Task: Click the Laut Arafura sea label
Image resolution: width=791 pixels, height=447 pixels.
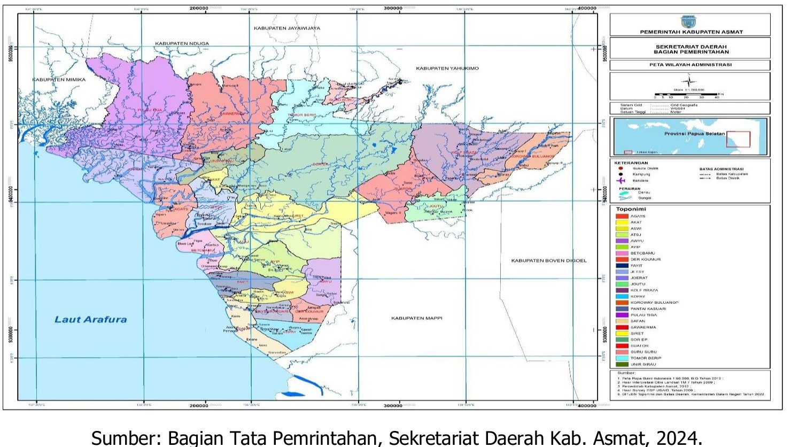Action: [x=91, y=320]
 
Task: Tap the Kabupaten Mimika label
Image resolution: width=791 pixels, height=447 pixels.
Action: [x=59, y=80]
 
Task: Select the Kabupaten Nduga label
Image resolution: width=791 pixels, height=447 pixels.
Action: [x=182, y=43]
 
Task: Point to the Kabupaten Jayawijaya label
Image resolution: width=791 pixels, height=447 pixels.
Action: [x=286, y=28]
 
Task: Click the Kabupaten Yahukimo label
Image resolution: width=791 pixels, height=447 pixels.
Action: [x=447, y=68]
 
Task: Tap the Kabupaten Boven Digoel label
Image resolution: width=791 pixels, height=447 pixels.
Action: [x=548, y=260]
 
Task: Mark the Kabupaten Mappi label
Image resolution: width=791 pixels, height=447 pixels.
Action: [x=416, y=318]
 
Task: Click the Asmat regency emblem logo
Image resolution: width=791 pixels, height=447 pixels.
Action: [x=688, y=22]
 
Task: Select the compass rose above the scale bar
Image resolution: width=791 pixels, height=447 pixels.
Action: [x=688, y=82]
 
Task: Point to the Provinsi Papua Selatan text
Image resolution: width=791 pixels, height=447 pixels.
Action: [x=694, y=134]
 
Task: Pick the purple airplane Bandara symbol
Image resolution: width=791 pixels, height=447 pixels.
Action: [x=621, y=181]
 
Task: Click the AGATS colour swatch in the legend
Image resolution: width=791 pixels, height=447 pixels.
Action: [x=622, y=216]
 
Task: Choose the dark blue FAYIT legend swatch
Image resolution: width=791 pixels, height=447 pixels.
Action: [x=622, y=266]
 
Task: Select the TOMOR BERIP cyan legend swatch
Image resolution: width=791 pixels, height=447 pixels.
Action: [x=622, y=358]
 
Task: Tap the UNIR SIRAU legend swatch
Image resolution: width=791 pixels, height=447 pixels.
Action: [x=622, y=364]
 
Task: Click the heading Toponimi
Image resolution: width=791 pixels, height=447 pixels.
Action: [x=631, y=209]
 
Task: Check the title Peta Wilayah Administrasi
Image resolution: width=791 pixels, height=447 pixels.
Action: [x=690, y=65]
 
